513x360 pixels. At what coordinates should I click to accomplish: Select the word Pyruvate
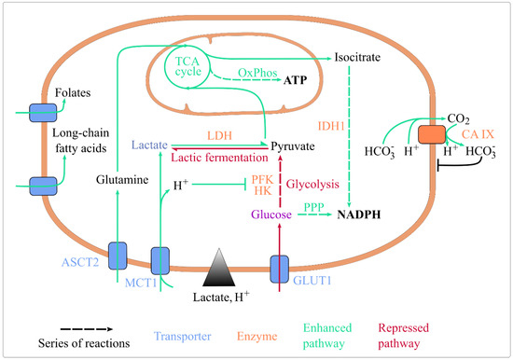[x=295, y=146]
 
